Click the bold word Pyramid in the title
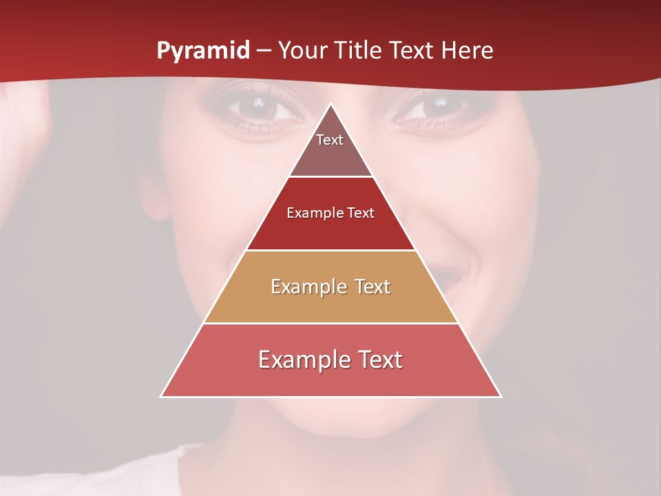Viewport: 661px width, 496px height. [x=203, y=51]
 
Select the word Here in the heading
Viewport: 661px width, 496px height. [x=468, y=51]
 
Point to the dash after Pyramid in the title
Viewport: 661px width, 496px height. [x=264, y=51]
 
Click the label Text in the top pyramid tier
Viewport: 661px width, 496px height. [x=330, y=140]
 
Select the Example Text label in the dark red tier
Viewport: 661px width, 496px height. [x=330, y=213]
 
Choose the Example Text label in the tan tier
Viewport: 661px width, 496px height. [x=330, y=287]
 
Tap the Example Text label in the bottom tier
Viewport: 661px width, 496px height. [x=330, y=360]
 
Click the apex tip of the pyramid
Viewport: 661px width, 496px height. [x=331, y=104]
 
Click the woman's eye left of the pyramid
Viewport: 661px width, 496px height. [x=259, y=106]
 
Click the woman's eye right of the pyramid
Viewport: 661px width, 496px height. [x=434, y=106]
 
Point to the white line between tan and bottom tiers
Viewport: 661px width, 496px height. [x=330, y=323]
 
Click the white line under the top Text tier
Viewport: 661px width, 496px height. [x=330, y=177]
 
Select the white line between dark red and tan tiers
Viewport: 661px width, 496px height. [x=330, y=250]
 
